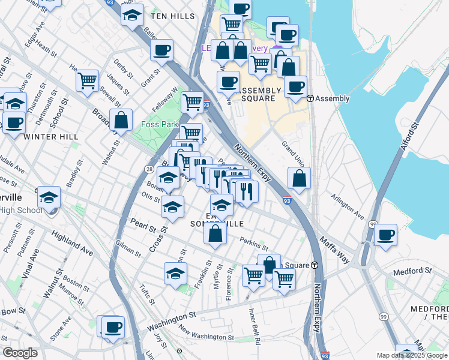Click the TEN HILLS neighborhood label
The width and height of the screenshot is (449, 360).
click(x=173, y=17)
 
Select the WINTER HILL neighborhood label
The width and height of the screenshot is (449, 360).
click(x=51, y=137)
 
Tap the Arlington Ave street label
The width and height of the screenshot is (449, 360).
click(x=349, y=207)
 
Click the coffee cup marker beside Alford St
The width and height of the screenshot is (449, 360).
click(x=386, y=234)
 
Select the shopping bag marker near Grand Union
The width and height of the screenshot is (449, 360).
click(x=299, y=178)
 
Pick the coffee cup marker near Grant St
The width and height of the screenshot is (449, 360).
click(x=161, y=50)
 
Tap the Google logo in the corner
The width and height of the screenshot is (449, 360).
click(x=20, y=353)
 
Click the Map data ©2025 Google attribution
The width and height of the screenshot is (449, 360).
click(x=411, y=355)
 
